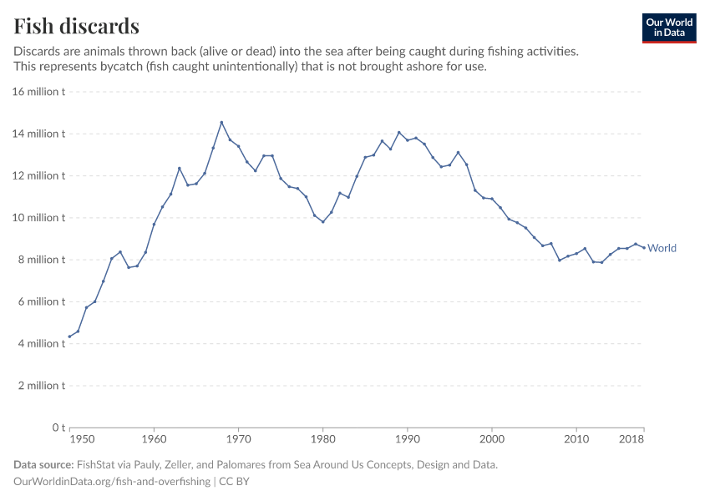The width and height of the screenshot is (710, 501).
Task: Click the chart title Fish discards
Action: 77,26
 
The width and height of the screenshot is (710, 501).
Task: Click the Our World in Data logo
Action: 668,28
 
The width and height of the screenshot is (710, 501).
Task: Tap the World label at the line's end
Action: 662,248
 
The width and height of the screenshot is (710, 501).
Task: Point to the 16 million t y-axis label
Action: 39,92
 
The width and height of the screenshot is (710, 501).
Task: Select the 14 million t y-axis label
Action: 39,134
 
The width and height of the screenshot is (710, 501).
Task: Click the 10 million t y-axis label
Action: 39,218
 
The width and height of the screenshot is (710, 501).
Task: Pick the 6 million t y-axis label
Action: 42,301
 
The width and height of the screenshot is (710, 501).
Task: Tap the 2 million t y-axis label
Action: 42,386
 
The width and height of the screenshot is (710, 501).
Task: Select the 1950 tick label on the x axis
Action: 81,438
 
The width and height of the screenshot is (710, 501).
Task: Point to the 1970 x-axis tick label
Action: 238,438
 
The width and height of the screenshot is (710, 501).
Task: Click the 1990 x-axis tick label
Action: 407,438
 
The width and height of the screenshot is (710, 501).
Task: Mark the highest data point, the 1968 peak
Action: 221,122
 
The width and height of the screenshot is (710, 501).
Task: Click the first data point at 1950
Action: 69,337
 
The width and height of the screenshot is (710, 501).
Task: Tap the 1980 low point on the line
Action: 322,221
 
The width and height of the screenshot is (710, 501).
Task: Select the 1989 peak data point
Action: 398,132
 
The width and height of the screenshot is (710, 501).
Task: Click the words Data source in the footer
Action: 43,465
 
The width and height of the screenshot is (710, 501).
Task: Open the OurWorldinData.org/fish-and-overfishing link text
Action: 112,482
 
